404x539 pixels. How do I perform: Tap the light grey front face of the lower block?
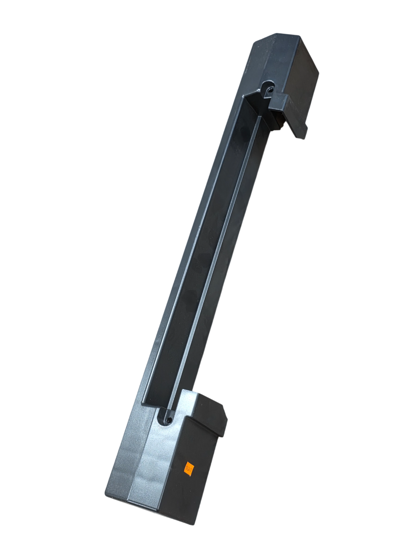(151, 467)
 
